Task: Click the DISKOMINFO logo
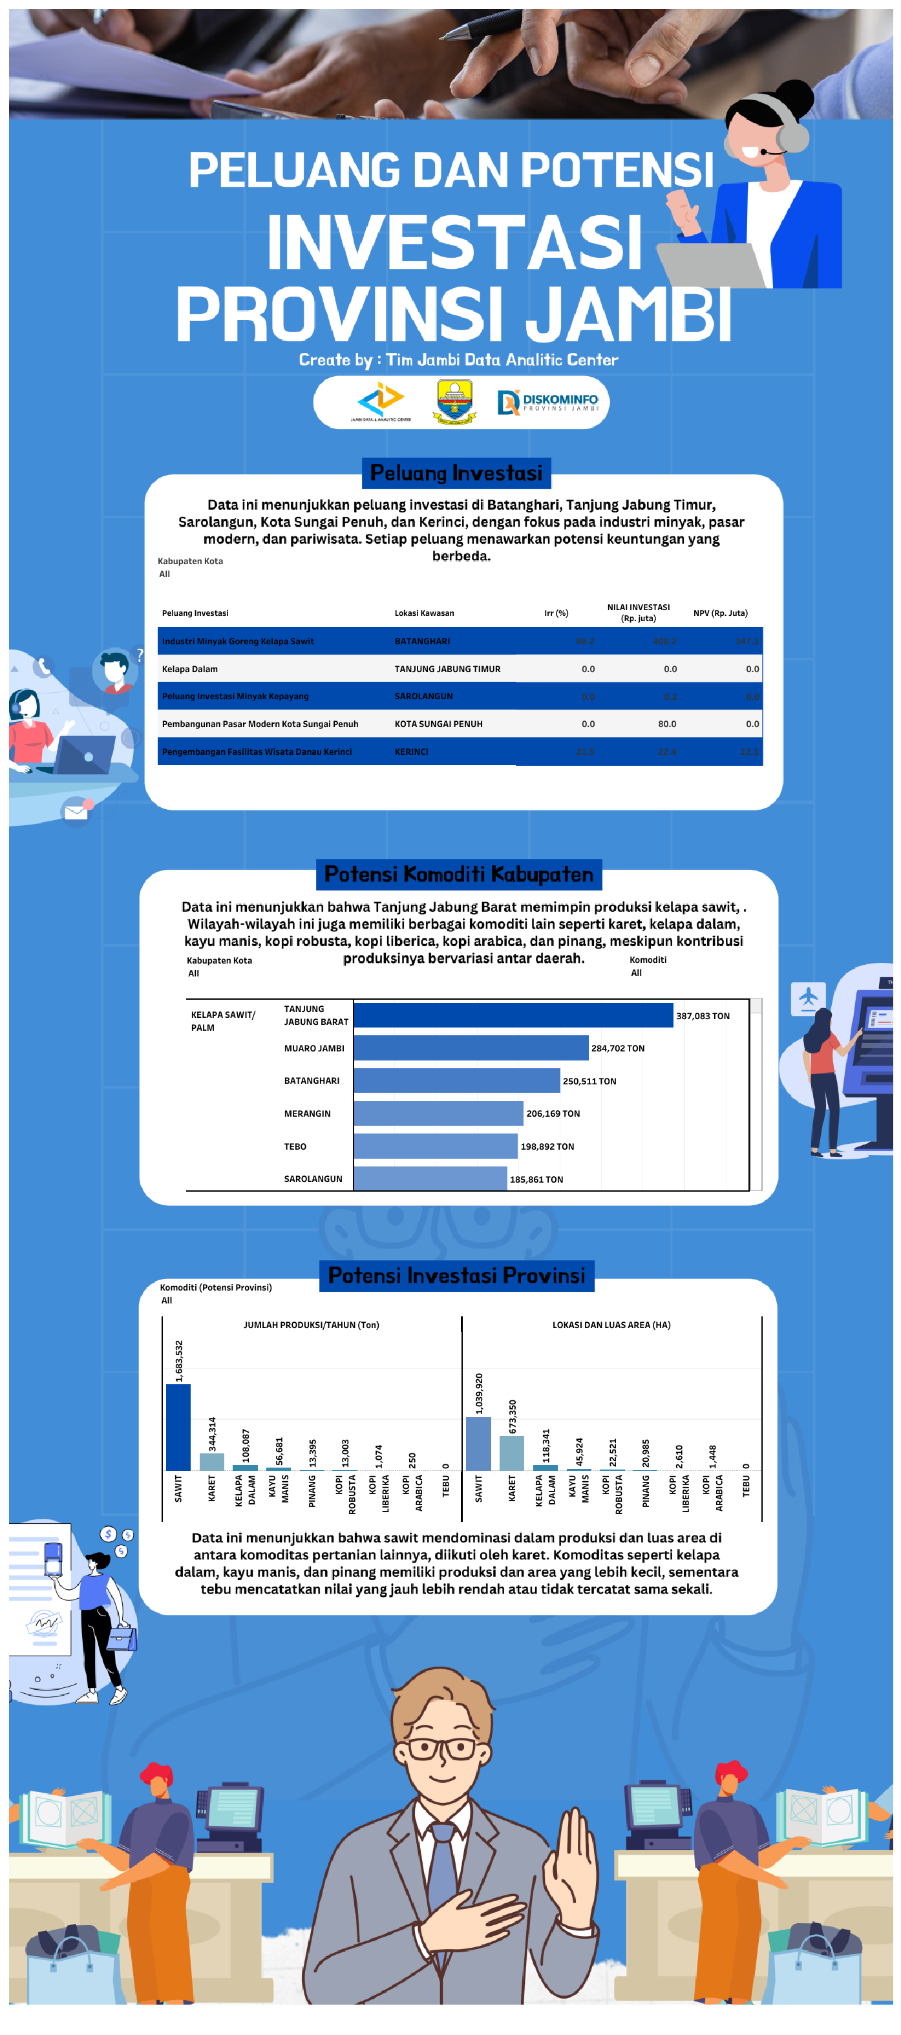point(547,402)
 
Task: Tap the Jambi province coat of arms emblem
point(454,401)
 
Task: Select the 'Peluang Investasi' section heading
point(456,473)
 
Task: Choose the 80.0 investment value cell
point(666,724)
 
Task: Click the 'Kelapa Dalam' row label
point(189,669)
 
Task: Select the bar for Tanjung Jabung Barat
point(513,1015)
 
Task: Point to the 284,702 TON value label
point(617,1048)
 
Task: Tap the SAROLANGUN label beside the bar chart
point(313,1179)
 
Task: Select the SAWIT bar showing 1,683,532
point(178,1427)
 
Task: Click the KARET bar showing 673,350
point(511,1453)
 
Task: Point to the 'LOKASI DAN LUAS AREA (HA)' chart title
point(611,1325)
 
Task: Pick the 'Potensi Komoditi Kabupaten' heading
point(458,874)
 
